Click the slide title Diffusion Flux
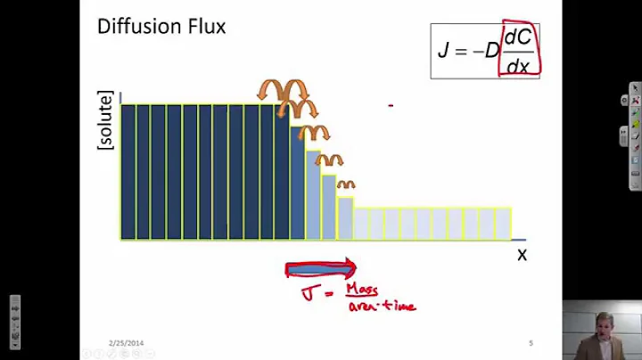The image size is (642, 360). pyautogui.click(x=161, y=27)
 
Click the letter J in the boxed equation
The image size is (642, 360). pyautogui.click(x=443, y=50)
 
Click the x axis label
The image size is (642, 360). pyautogui.click(x=522, y=255)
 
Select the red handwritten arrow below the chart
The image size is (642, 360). pyautogui.click(x=320, y=269)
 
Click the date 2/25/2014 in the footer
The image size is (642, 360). pyautogui.click(x=126, y=342)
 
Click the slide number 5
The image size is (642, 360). pyautogui.click(x=531, y=342)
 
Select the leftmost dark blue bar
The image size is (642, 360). pyautogui.click(x=128, y=172)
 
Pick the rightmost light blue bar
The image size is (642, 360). pyautogui.click(x=504, y=224)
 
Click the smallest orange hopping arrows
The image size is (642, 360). pyautogui.click(x=345, y=185)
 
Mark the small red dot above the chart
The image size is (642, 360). pyautogui.click(x=391, y=105)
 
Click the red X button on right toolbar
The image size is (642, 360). pyautogui.click(x=635, y=88)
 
